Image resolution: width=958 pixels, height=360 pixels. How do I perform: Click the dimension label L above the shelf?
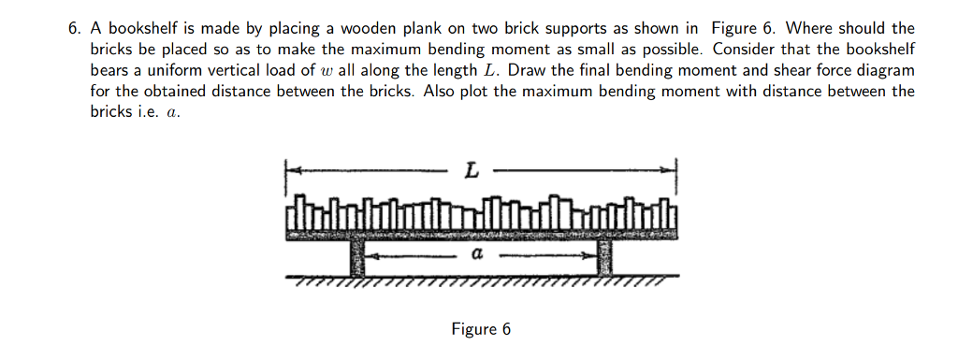click(472, 171)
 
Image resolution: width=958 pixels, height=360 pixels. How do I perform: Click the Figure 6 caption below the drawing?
click(481, 329)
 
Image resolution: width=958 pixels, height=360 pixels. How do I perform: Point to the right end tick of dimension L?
click(675, 172)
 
